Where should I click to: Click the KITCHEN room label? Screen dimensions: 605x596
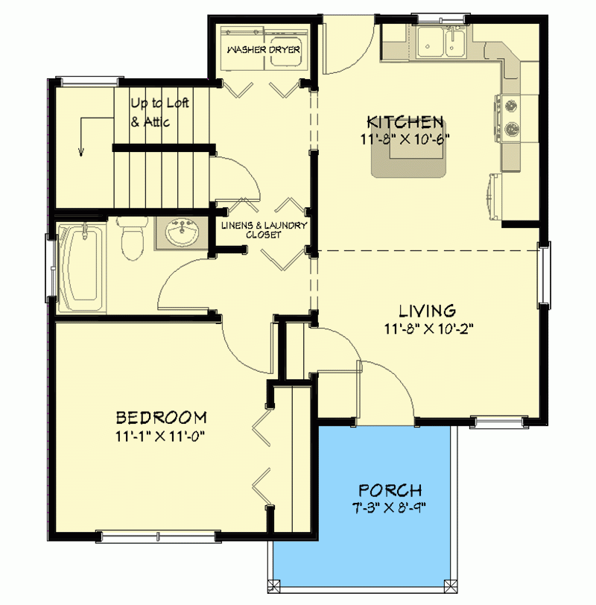coord(406,121)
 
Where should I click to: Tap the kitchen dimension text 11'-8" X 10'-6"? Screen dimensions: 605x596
coord(406,138)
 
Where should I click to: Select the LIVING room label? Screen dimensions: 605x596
coord(426,310)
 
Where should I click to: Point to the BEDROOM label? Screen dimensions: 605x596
coord(160,417)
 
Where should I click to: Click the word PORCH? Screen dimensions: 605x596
coord(390,491)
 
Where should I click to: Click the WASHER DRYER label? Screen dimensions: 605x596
coord(264,50)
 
